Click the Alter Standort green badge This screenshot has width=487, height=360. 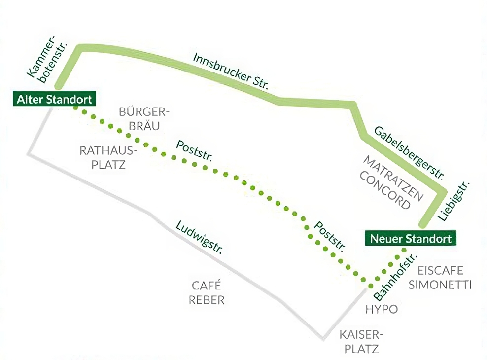54,99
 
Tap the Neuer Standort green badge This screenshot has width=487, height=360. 411,239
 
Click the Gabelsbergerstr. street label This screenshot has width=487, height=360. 409,152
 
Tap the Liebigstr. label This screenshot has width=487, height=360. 454,200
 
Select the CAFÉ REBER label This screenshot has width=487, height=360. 207,292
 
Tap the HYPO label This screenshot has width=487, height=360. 381,309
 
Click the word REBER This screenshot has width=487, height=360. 207,299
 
